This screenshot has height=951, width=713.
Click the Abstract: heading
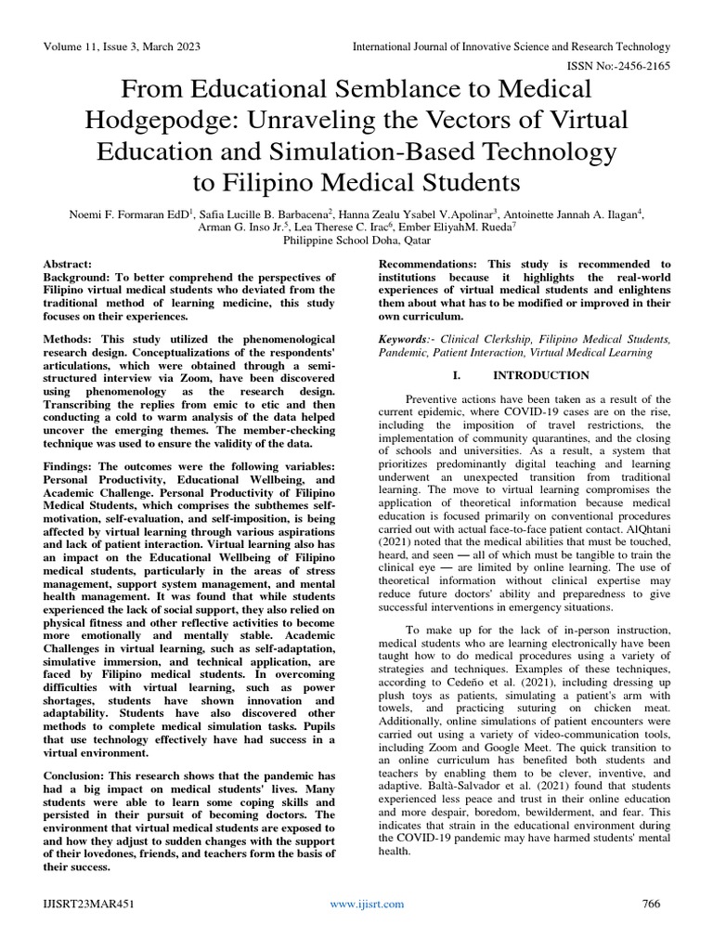69,265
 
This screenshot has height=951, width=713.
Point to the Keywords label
407,340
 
